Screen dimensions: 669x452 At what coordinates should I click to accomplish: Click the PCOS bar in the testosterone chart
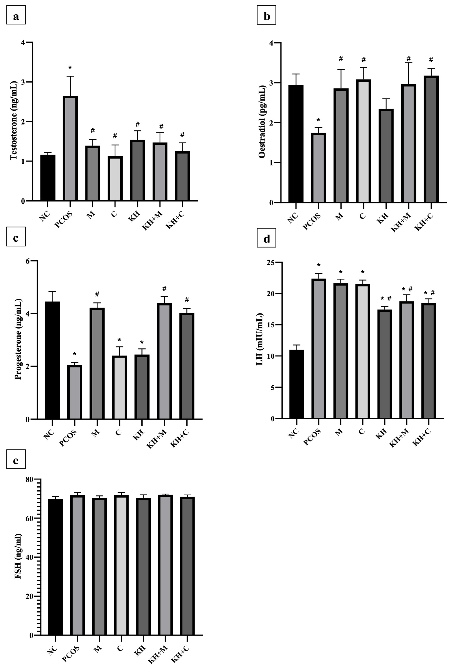[70, 148]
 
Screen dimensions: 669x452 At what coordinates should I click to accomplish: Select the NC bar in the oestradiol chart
[296, 144]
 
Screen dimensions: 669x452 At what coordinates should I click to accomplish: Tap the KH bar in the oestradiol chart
[386, 155]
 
